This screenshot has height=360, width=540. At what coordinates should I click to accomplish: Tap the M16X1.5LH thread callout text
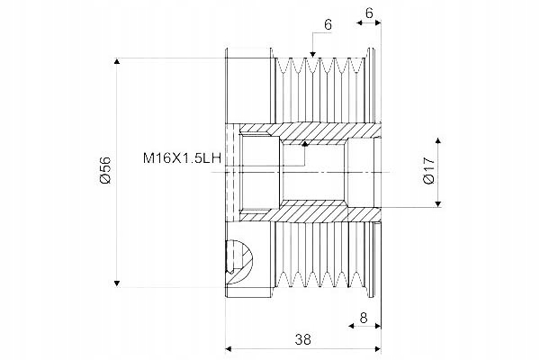point(179,158)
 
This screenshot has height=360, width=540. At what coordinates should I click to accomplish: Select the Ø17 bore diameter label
point(429,172)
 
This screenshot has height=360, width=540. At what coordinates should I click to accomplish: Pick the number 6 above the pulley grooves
point(327,26)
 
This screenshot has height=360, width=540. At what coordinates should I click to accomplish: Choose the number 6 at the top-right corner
point(371,13)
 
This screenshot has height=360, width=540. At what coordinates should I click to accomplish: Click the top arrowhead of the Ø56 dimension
point(118,61)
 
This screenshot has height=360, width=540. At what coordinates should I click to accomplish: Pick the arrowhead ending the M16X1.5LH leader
point(305,142)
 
